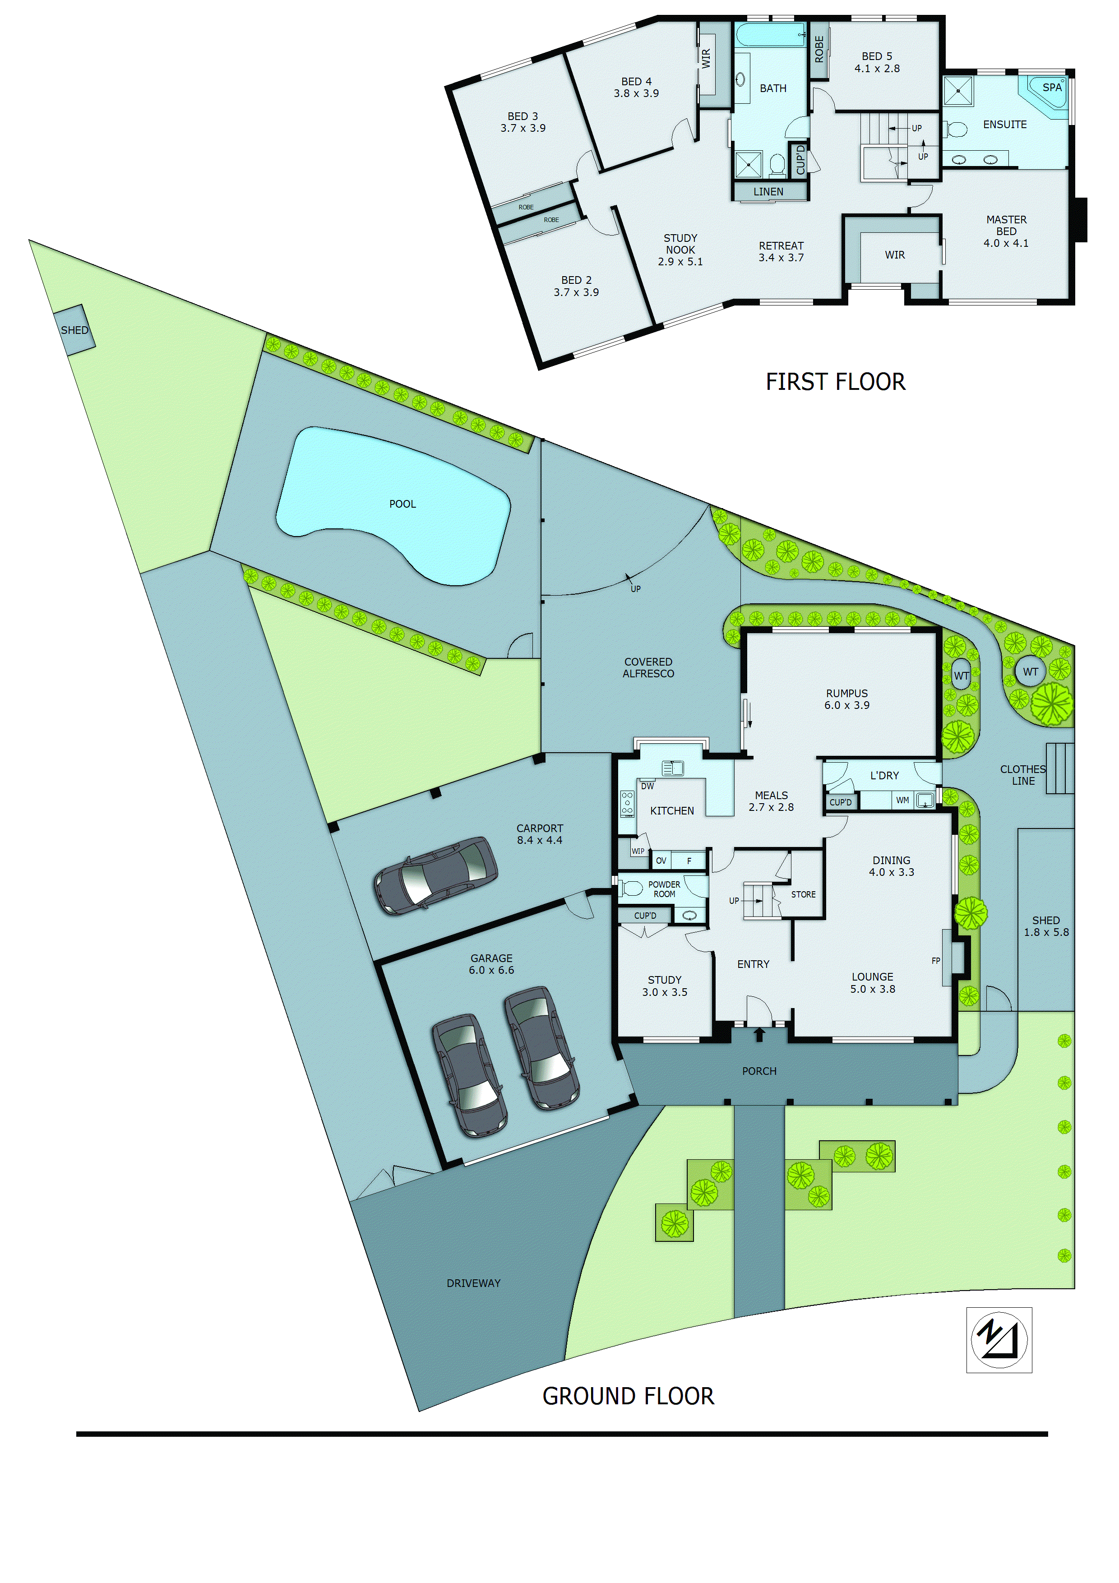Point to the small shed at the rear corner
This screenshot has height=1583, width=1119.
click(74, 330)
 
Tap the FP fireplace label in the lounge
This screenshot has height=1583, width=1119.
click(936, 960)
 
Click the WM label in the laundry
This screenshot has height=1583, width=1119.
click(902, 801)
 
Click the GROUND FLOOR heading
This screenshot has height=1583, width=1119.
click(628, 1396)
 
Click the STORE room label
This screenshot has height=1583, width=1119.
click(803, 894)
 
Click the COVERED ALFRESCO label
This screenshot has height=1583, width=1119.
click(648, 667)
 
